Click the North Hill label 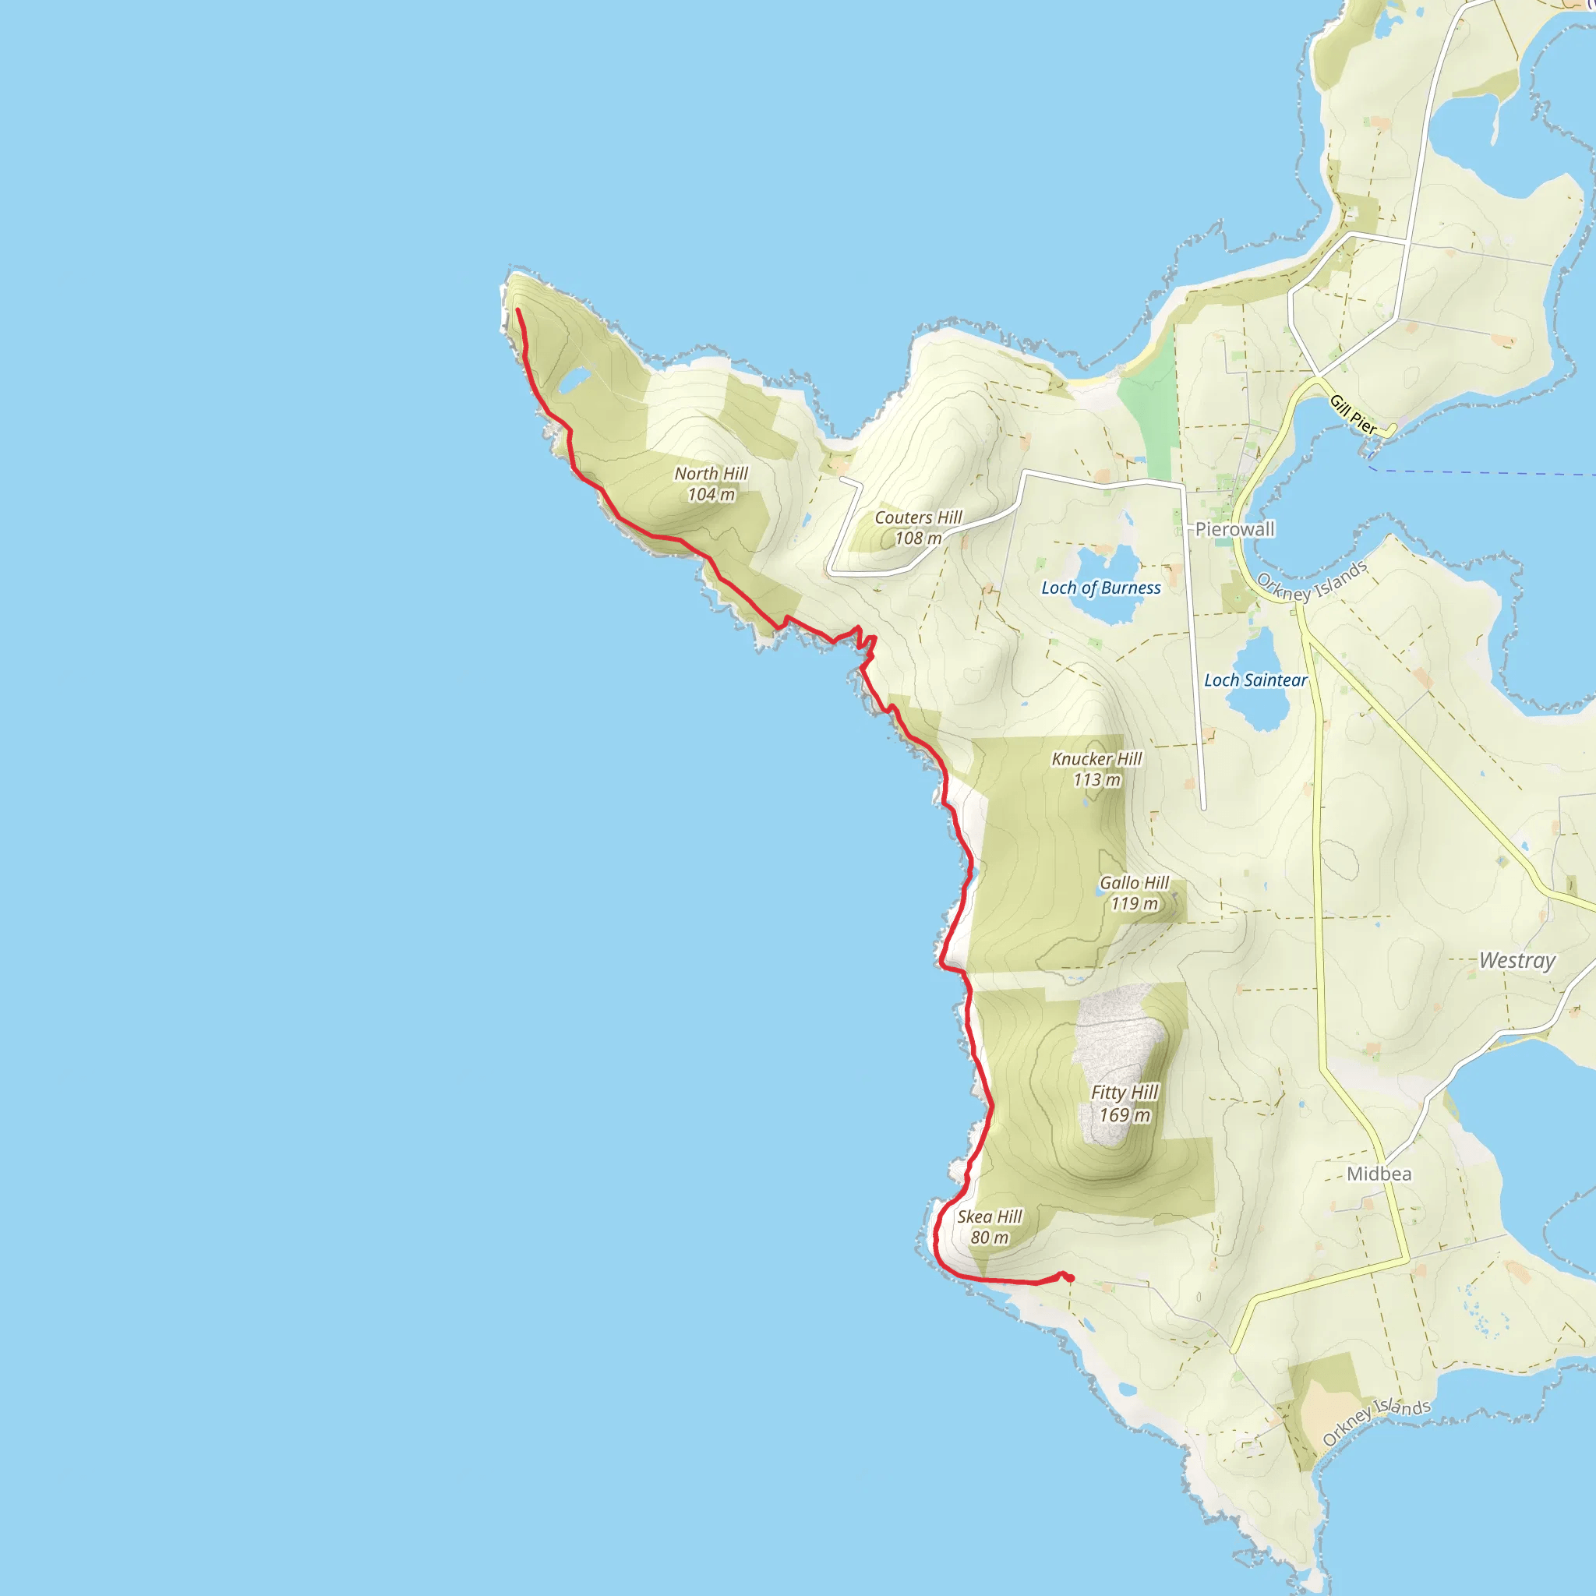[x=711, y=474]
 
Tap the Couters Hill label [x=918, y=518]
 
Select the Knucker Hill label [x=1096, y=759]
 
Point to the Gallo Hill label [x=1133, y=883]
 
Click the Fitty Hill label [x=1125, y=1092]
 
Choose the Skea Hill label [x=989, y=1216]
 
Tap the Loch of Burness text [x=1100, y=588]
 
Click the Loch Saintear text [x=1255, y=680]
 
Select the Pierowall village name [x=1234, y=529]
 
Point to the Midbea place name [x=1379, y=1174]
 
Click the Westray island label [x=1517, y=961]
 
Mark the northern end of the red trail [x=517, y=310]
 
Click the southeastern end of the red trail [x=1072, y=1280]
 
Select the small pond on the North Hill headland [x=573, y=381]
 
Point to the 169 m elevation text [x=1125, y=1115]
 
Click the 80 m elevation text [x=989, y=1238]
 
